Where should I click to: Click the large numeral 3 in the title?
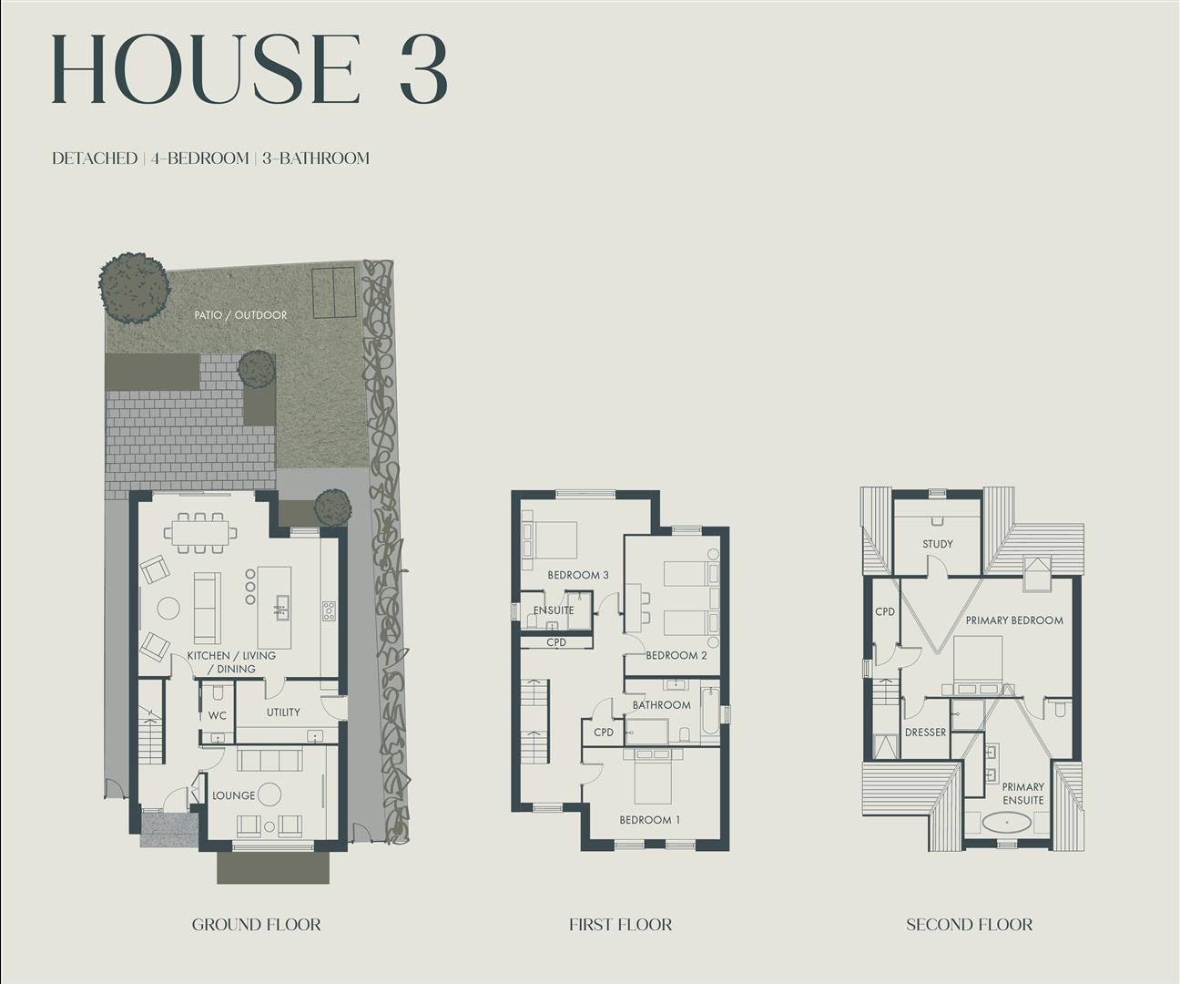422,70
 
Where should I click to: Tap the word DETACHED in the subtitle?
95,159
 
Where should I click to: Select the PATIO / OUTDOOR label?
240,315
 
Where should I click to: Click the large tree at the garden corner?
134,286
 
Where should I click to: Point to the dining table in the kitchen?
200,532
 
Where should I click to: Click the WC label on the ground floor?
218,716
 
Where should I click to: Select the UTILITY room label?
283,712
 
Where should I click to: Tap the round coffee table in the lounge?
270,794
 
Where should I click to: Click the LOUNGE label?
233,795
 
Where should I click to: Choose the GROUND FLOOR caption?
256,925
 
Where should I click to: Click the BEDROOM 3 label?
578,575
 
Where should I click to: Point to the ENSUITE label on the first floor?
554,610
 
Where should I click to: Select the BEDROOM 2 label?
676,655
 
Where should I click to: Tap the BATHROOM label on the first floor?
661,705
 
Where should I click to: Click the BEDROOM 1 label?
649,820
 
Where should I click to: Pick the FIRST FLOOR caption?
620,925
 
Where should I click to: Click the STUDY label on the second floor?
937,544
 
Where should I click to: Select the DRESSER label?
925,733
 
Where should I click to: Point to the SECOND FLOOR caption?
969,925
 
